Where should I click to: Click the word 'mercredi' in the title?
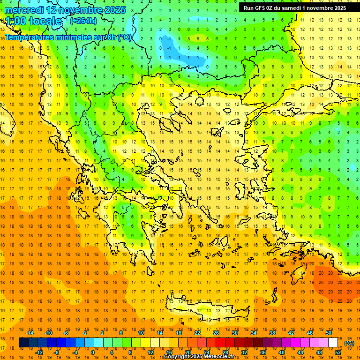[x=24, y=10]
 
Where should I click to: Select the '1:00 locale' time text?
[x=33, y=21]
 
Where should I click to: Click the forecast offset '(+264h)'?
[x=83, y=21]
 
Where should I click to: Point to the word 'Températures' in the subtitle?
[x=30, y=37]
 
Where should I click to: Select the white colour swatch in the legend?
[x=333, y=343]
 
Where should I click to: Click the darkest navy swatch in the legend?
[x=23, y=343]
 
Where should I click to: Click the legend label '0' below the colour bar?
[x=93, y=352]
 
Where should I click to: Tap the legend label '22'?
[x=197, y=333]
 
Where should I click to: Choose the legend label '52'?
[x=338, y=352]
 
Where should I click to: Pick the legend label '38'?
[x=272, y=333]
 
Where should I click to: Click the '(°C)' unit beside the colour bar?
[x=349, y=343]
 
